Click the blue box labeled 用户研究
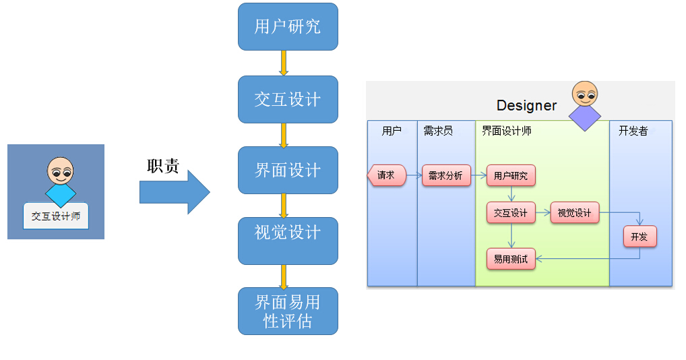288,27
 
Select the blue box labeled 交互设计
288,99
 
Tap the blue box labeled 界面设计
288,170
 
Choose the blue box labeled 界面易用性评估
288,311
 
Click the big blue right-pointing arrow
175,192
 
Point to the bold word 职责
163,167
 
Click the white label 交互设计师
56,216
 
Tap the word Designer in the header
526,106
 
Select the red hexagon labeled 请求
386,175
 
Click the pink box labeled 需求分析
445,176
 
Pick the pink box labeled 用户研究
511,176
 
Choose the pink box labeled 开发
639,237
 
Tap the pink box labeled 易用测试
511,259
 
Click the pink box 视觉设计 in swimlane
574,213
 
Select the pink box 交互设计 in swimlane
511,213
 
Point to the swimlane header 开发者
633,131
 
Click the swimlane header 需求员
438,131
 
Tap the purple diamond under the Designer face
584,117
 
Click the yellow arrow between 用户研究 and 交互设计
284,63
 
